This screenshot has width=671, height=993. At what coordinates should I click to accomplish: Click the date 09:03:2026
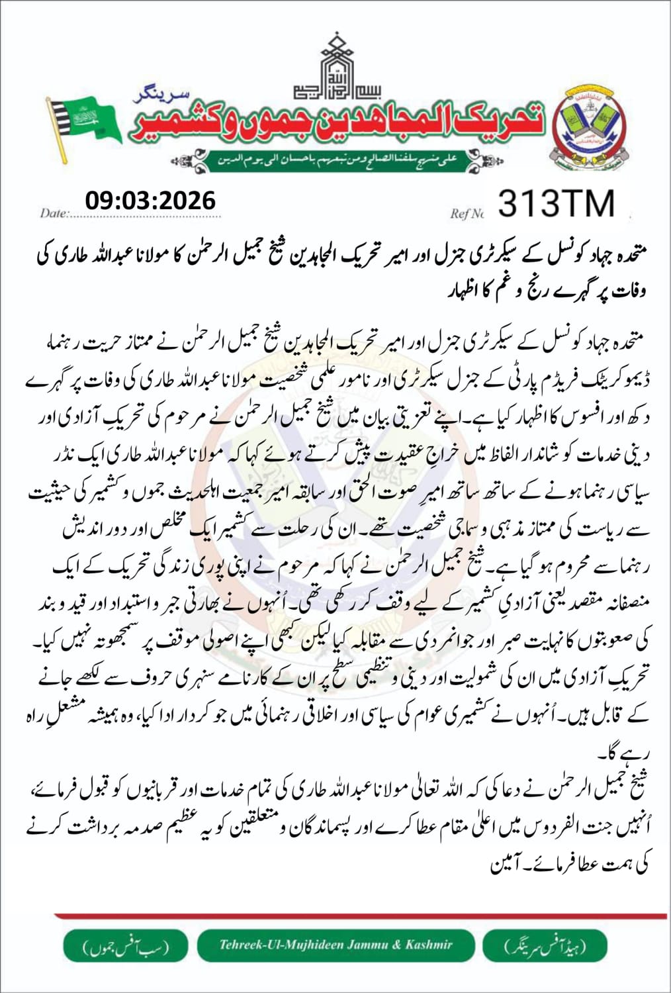click(150, 200)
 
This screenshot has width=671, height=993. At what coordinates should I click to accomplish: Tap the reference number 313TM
click(556, 203)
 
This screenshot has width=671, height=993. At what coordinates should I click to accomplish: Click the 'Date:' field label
click(54, 213)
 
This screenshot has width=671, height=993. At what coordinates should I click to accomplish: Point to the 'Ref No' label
click(467, 213)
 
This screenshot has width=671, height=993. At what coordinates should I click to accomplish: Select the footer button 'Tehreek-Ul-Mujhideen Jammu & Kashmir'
click(336, 945)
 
